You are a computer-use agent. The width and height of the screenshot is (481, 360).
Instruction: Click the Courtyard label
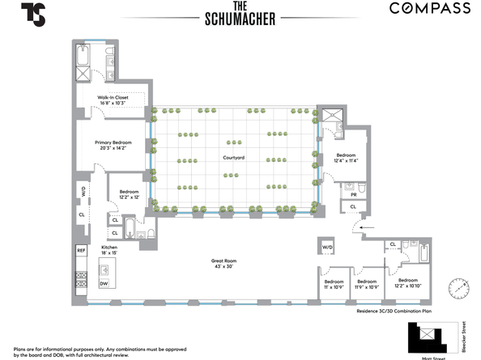tap(234, 157)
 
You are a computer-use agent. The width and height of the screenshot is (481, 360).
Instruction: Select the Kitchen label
tap(109, 251)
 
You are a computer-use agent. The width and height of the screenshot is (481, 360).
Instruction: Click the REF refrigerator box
tap(81, 251)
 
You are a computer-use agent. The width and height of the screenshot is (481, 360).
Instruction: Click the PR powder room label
tap(354, 194)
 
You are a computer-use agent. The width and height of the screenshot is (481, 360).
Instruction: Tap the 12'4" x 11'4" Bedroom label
tap(346, 158)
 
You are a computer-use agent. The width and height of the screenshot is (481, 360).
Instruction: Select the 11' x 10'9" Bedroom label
tap(334, 285)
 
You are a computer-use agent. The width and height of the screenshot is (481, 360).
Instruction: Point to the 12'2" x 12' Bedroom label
tap(124, 195)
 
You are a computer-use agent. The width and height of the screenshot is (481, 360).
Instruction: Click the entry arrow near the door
tap(367, 229)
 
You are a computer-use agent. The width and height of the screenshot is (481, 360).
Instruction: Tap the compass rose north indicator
tap(459, 287)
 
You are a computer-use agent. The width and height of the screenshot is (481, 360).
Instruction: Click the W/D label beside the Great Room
tap(328, 247)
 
